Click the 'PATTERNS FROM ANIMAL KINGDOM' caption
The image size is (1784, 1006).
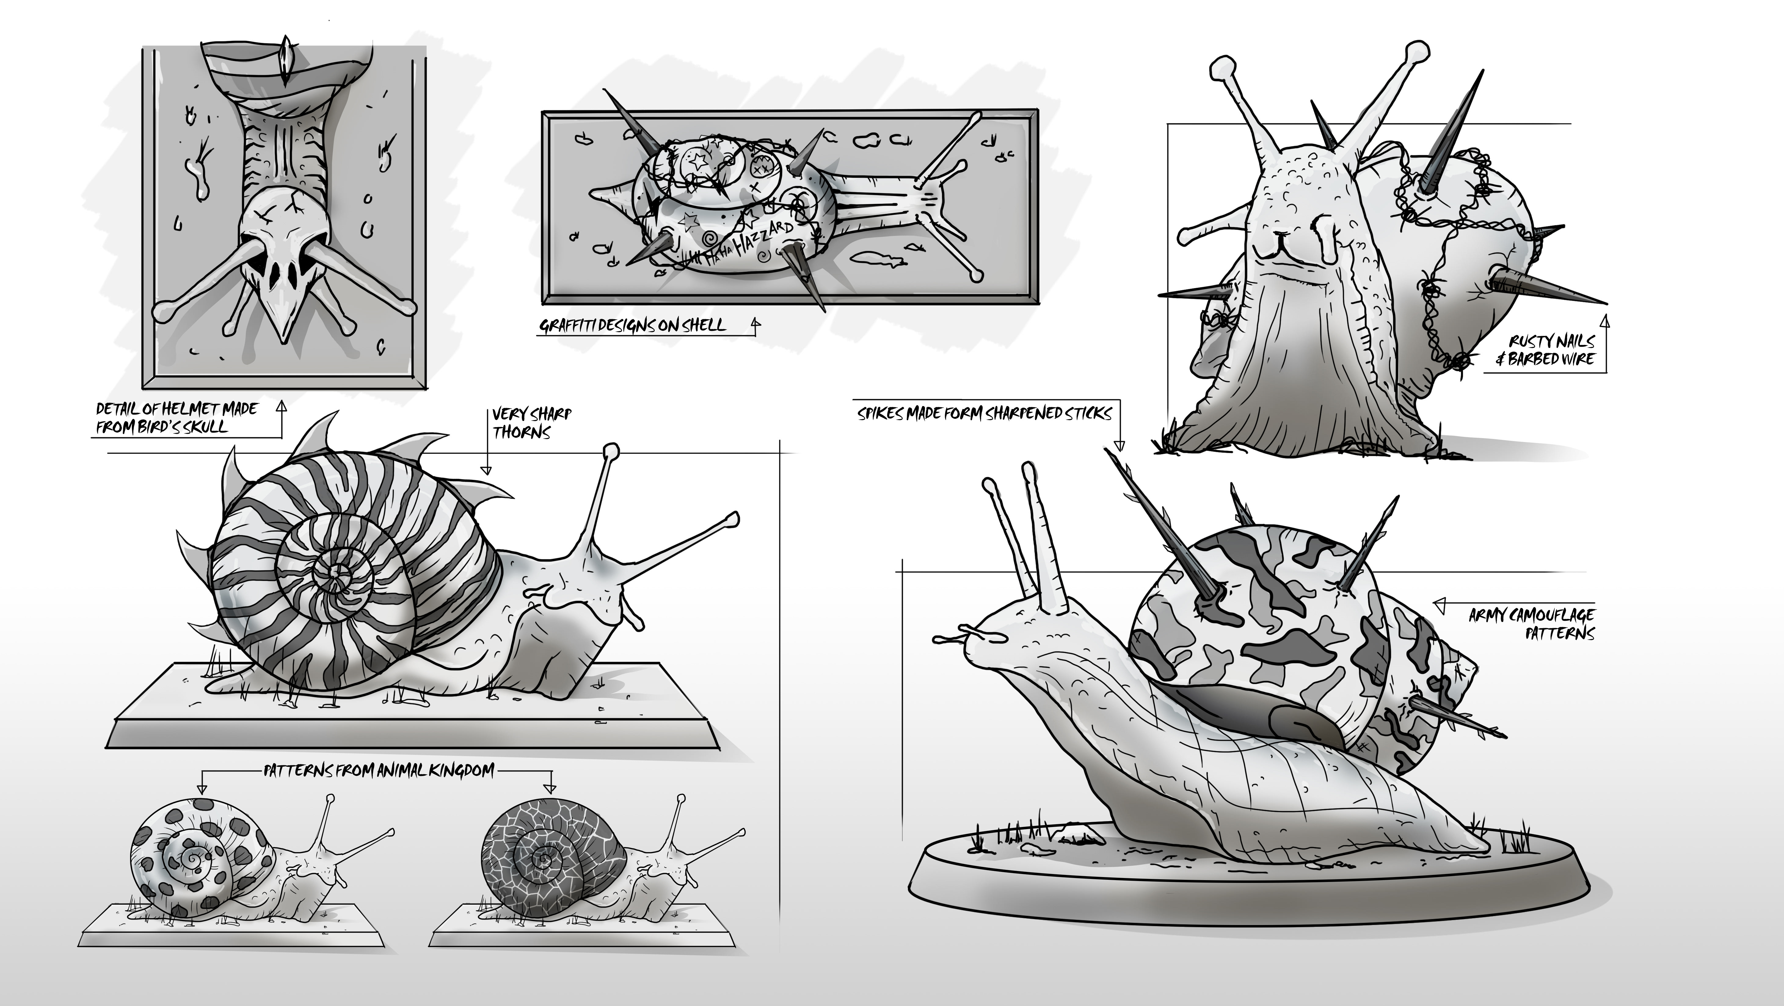tap(379, 770)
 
